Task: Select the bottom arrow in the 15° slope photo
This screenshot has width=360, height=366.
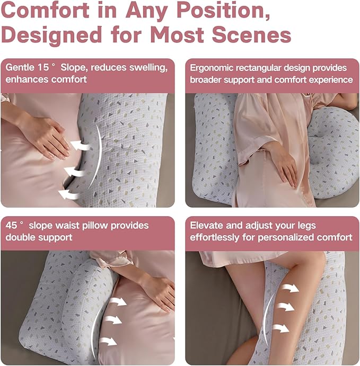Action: pyautogui.click(x=69, y=193)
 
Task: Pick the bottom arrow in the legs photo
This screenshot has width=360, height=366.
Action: pyautogui.click(x=281, y=328)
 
